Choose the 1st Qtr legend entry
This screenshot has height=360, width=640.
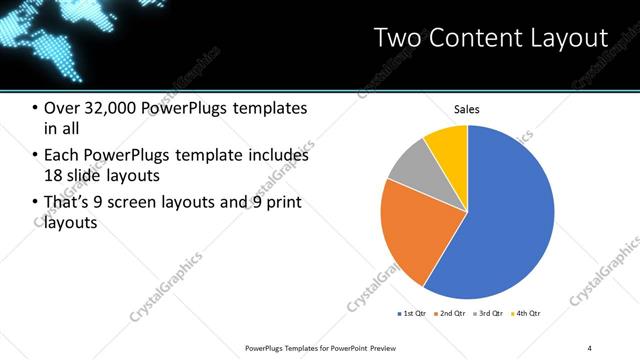tap(413, 314)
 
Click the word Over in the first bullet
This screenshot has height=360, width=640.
tap(62, 108)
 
